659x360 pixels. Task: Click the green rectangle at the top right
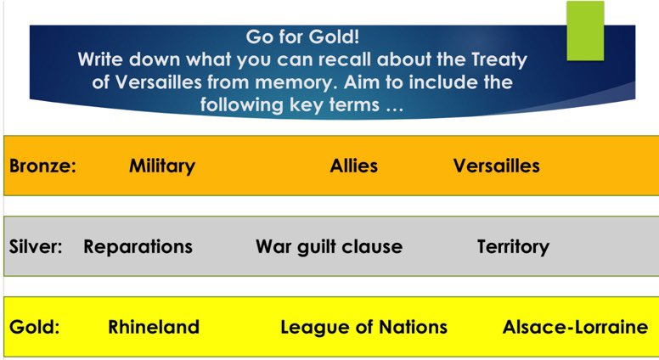click(x=585, y=31)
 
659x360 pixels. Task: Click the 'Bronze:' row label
click(x=42, y=166)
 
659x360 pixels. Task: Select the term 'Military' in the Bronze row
click(x=161, y=166)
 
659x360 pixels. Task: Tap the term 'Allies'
click(x=353, y=166)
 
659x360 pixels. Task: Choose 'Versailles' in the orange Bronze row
click(x=496, y=166)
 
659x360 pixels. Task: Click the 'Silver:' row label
click(x=36, y=247)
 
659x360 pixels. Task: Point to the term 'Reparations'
click(x=138, y=247)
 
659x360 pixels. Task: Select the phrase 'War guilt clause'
click(x=329, y=247)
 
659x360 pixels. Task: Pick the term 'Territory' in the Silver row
click(x=513, y=247)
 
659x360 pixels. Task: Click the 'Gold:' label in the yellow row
click(x=34, y=327)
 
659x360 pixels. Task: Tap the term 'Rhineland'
click(x=154, y=327)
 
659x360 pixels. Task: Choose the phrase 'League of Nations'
click(x=363, y=327)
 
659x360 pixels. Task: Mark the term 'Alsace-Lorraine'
click(x=575, y=327)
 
